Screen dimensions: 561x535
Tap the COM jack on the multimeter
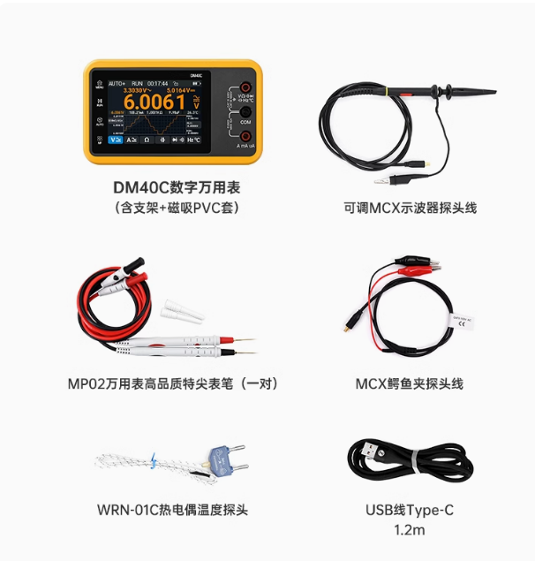click(246, 111)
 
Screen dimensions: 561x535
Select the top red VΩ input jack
click(246, 88)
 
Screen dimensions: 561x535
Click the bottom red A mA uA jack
click(246, 135)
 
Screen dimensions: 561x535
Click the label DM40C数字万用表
click(177, 187)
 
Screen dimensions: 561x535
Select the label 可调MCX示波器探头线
click(410, 208)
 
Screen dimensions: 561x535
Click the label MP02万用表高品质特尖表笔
click(173, 383)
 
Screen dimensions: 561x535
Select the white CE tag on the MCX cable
click(464, 322)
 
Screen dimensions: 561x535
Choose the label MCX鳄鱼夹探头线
click(409, 383)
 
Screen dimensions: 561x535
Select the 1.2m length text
click(409, 529)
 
